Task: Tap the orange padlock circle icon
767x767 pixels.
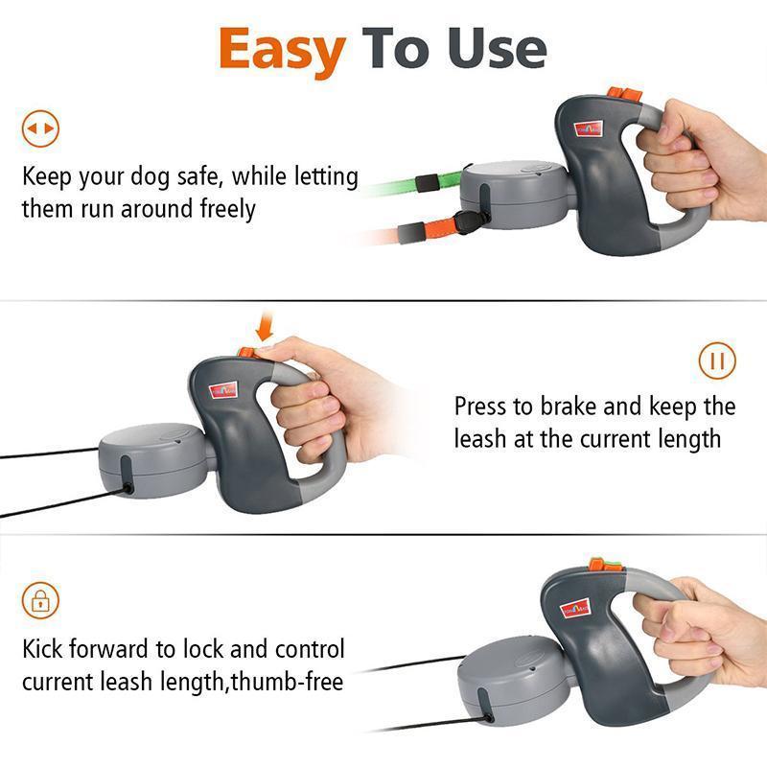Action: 40,601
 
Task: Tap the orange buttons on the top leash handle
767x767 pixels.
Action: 621,96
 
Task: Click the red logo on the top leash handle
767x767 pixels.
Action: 586,130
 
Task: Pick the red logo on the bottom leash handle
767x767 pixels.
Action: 575,608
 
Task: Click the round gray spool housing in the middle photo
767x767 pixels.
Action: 150,459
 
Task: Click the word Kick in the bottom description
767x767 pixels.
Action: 46,649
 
